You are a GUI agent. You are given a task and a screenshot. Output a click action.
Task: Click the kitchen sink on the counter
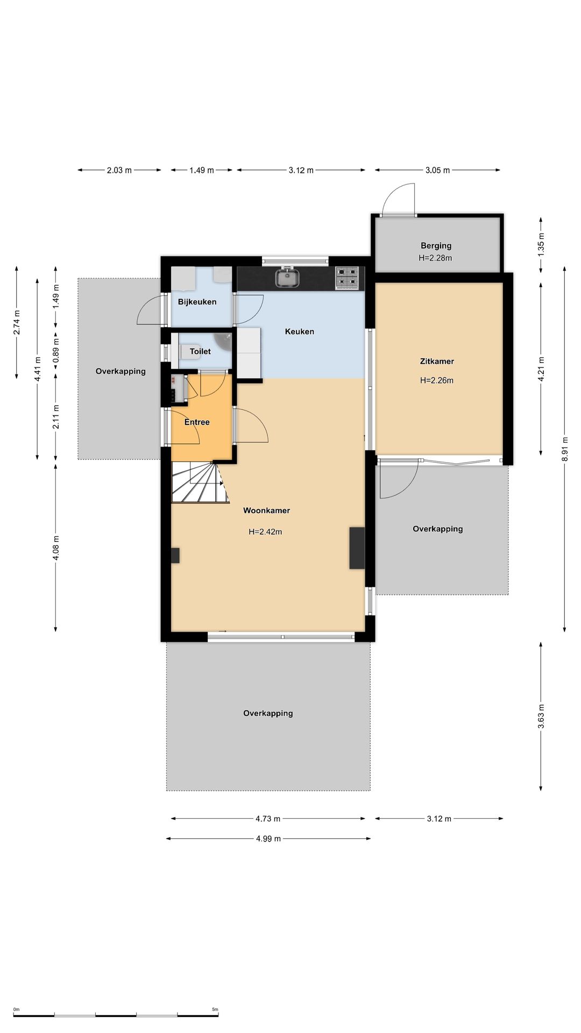[287, 278]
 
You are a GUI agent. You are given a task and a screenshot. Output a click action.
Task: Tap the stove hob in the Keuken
[347, 278]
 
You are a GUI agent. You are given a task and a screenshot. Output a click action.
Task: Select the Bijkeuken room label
[197, 302]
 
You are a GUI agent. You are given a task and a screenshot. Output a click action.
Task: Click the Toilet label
[200, 351]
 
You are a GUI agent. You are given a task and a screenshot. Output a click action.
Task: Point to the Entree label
[197, 422]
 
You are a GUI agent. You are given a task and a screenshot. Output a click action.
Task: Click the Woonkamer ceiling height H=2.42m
[265, 532]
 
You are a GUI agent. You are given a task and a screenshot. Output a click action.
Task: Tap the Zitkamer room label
[437, 362]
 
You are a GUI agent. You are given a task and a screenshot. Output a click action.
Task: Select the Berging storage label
[436, 246]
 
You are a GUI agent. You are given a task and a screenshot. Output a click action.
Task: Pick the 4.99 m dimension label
[268, 839]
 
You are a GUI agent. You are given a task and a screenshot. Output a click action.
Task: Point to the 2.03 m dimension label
[119, 171]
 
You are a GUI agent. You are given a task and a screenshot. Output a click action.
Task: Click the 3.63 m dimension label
[541, 717]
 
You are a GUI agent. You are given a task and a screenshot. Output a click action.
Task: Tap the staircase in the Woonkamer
[198, 482]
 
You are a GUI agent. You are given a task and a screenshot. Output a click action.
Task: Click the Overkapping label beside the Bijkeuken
[121, 371]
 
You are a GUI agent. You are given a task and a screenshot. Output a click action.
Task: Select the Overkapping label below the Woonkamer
[268, 713]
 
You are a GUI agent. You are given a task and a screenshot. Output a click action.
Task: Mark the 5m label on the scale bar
[215, 1009]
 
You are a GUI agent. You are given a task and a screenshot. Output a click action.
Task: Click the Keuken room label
[300, 332]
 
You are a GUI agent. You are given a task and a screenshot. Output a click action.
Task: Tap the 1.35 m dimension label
[541, 244]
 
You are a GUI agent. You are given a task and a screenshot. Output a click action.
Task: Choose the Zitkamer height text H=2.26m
[437, 380]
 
